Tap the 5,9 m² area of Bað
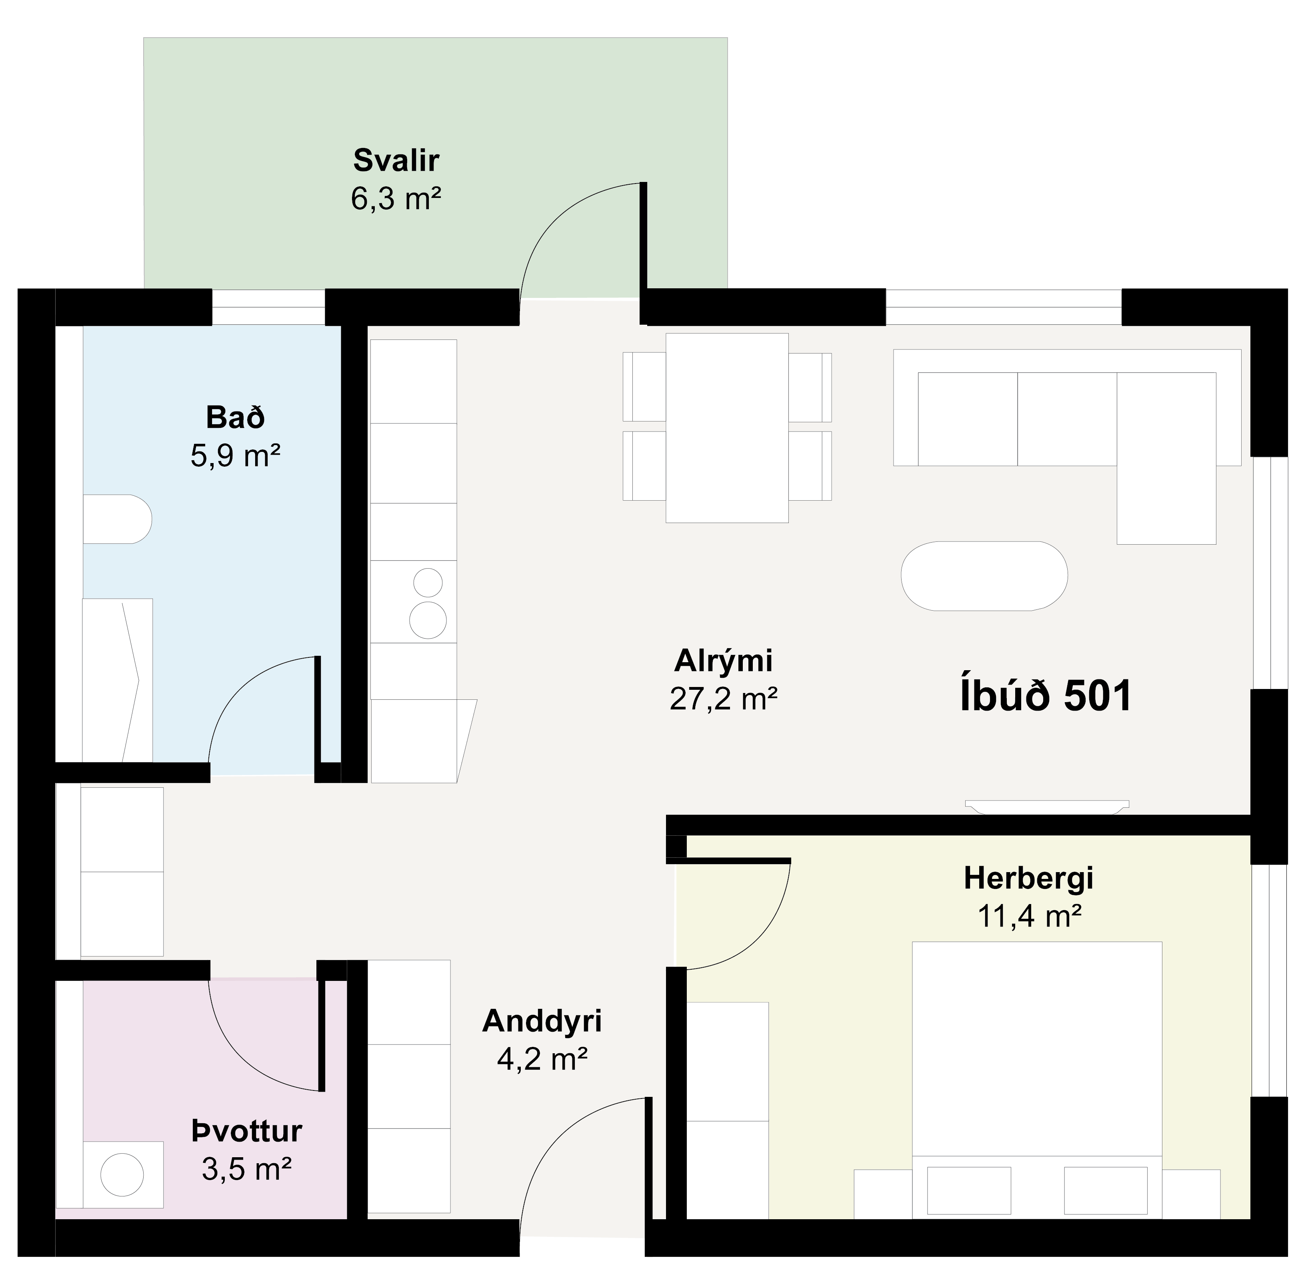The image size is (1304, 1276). pyautogui.click(x=235, y=456)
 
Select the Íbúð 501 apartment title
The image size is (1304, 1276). pyautogui.click(x=1046, y=696)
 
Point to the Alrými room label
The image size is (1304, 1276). pyautogui.click(x=724, y=661)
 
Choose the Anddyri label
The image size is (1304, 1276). pyautogui.click(x=542, y=1021)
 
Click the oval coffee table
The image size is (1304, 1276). pyautogui.click(x=984, y=576)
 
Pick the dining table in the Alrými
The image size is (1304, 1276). pyautogui.click(x=727, y=427)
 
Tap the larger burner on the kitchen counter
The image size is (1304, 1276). pyautogui.click(x=428, y=620)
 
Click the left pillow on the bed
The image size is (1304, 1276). pyautogui.click(x=969, y=1190)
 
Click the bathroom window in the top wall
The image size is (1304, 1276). pyautogui.click(x=269, y=307)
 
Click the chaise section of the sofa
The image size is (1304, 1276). pyautogui.click(x=1166, y=458)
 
